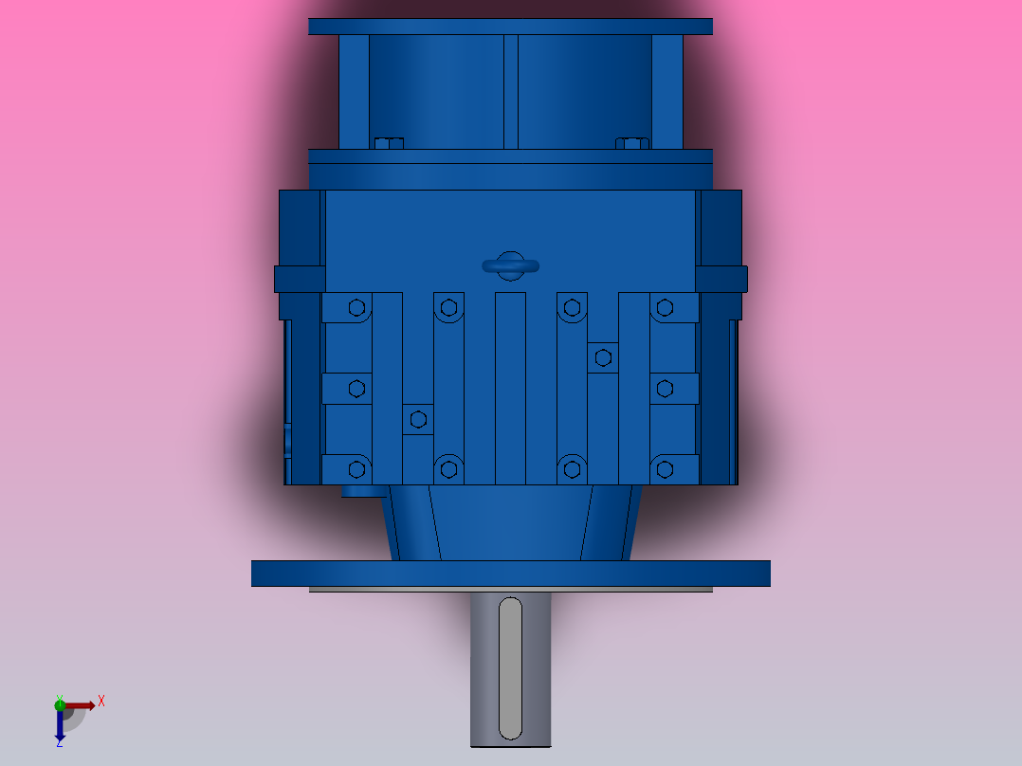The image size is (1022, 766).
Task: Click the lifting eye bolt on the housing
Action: pos(510,266)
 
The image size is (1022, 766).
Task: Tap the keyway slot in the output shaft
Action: pos(510,667)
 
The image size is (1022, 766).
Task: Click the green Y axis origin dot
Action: pos(60,703)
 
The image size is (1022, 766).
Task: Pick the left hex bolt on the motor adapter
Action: pos(389,144)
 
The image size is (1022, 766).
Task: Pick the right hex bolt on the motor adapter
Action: pos(632,144)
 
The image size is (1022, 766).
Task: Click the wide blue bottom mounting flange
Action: pos(510,574)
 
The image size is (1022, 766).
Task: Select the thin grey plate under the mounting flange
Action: pos(510,590)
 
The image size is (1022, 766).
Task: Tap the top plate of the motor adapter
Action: pos(510,27)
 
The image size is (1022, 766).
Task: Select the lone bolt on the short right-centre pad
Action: pos(603,357)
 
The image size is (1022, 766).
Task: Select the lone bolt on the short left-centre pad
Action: pos(417,419)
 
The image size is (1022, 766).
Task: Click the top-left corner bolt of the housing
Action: pos(356,307)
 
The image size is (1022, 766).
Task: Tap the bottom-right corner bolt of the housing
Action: pos(665,468)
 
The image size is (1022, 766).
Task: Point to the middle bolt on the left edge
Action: pos(356,388)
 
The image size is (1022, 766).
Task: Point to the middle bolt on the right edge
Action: pos(665,388)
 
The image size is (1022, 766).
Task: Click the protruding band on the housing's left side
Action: pos(299,279)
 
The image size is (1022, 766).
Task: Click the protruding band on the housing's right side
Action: pos(721,279)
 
